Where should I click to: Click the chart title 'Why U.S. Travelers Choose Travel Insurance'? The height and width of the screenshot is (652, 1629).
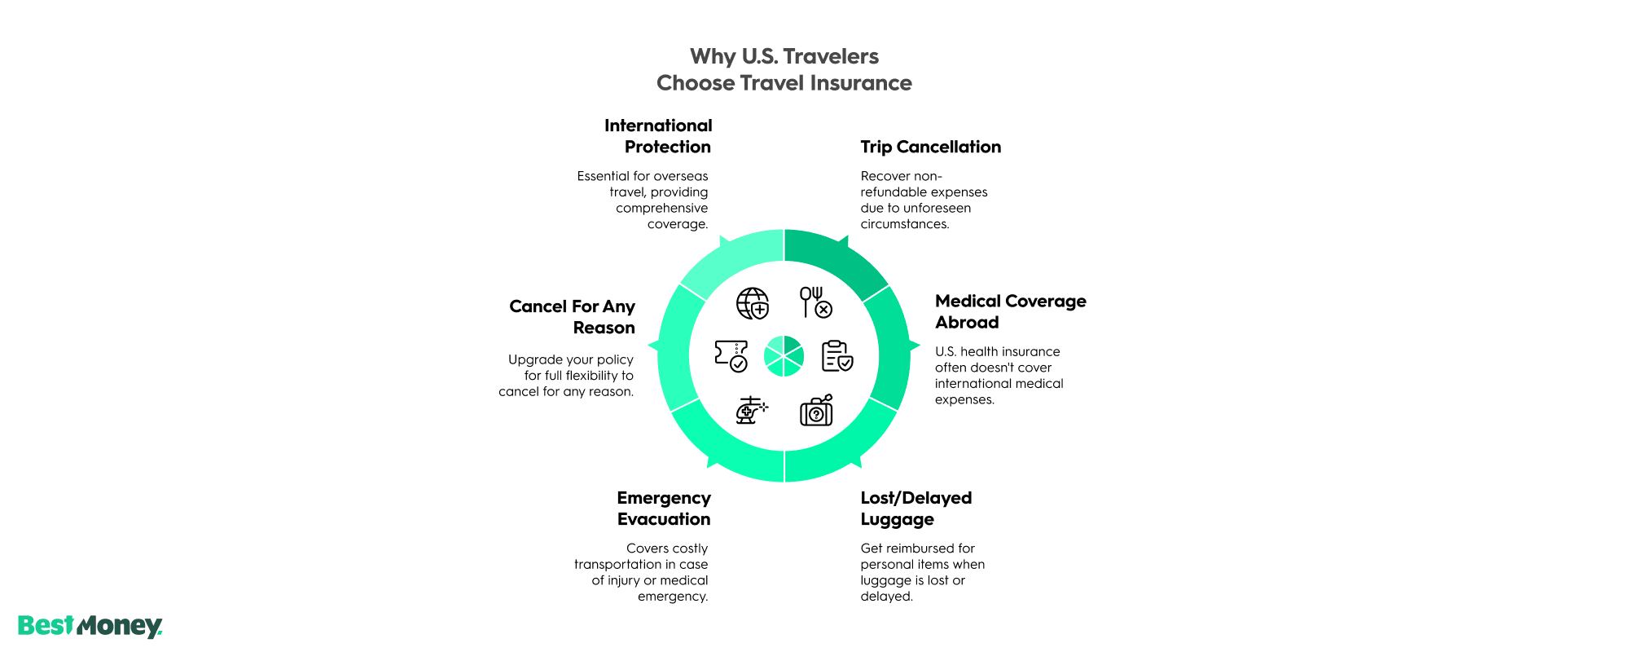[784, 69]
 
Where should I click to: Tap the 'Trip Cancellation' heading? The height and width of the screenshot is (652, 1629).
[930, 147]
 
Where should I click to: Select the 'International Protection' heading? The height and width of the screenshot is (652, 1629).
[658, 136]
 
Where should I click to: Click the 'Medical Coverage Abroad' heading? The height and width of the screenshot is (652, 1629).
[1010, 311]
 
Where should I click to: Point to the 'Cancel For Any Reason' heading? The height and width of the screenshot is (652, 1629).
[572, 317]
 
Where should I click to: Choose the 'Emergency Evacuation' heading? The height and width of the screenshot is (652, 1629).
[664, 509]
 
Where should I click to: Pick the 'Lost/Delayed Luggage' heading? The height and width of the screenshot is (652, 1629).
[915, 509]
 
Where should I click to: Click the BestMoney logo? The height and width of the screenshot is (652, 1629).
[90, 626]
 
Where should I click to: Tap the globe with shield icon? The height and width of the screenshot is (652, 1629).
[753, 303]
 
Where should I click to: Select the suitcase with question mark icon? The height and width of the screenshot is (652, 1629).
[816, 411]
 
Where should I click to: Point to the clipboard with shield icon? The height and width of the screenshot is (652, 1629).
[836, 356]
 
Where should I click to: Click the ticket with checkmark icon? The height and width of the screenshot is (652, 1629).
[731, 356]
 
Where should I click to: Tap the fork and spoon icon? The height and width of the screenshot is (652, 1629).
[815, 302]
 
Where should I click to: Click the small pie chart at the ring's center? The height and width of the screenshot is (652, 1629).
[784, 356]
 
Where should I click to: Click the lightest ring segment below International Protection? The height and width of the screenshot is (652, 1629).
[729, 258]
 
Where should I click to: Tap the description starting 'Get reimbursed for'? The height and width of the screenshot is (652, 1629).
[922, 572]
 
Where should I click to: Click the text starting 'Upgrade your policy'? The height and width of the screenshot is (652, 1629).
[567, 376]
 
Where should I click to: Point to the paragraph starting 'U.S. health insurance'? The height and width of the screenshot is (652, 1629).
[999, 376]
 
